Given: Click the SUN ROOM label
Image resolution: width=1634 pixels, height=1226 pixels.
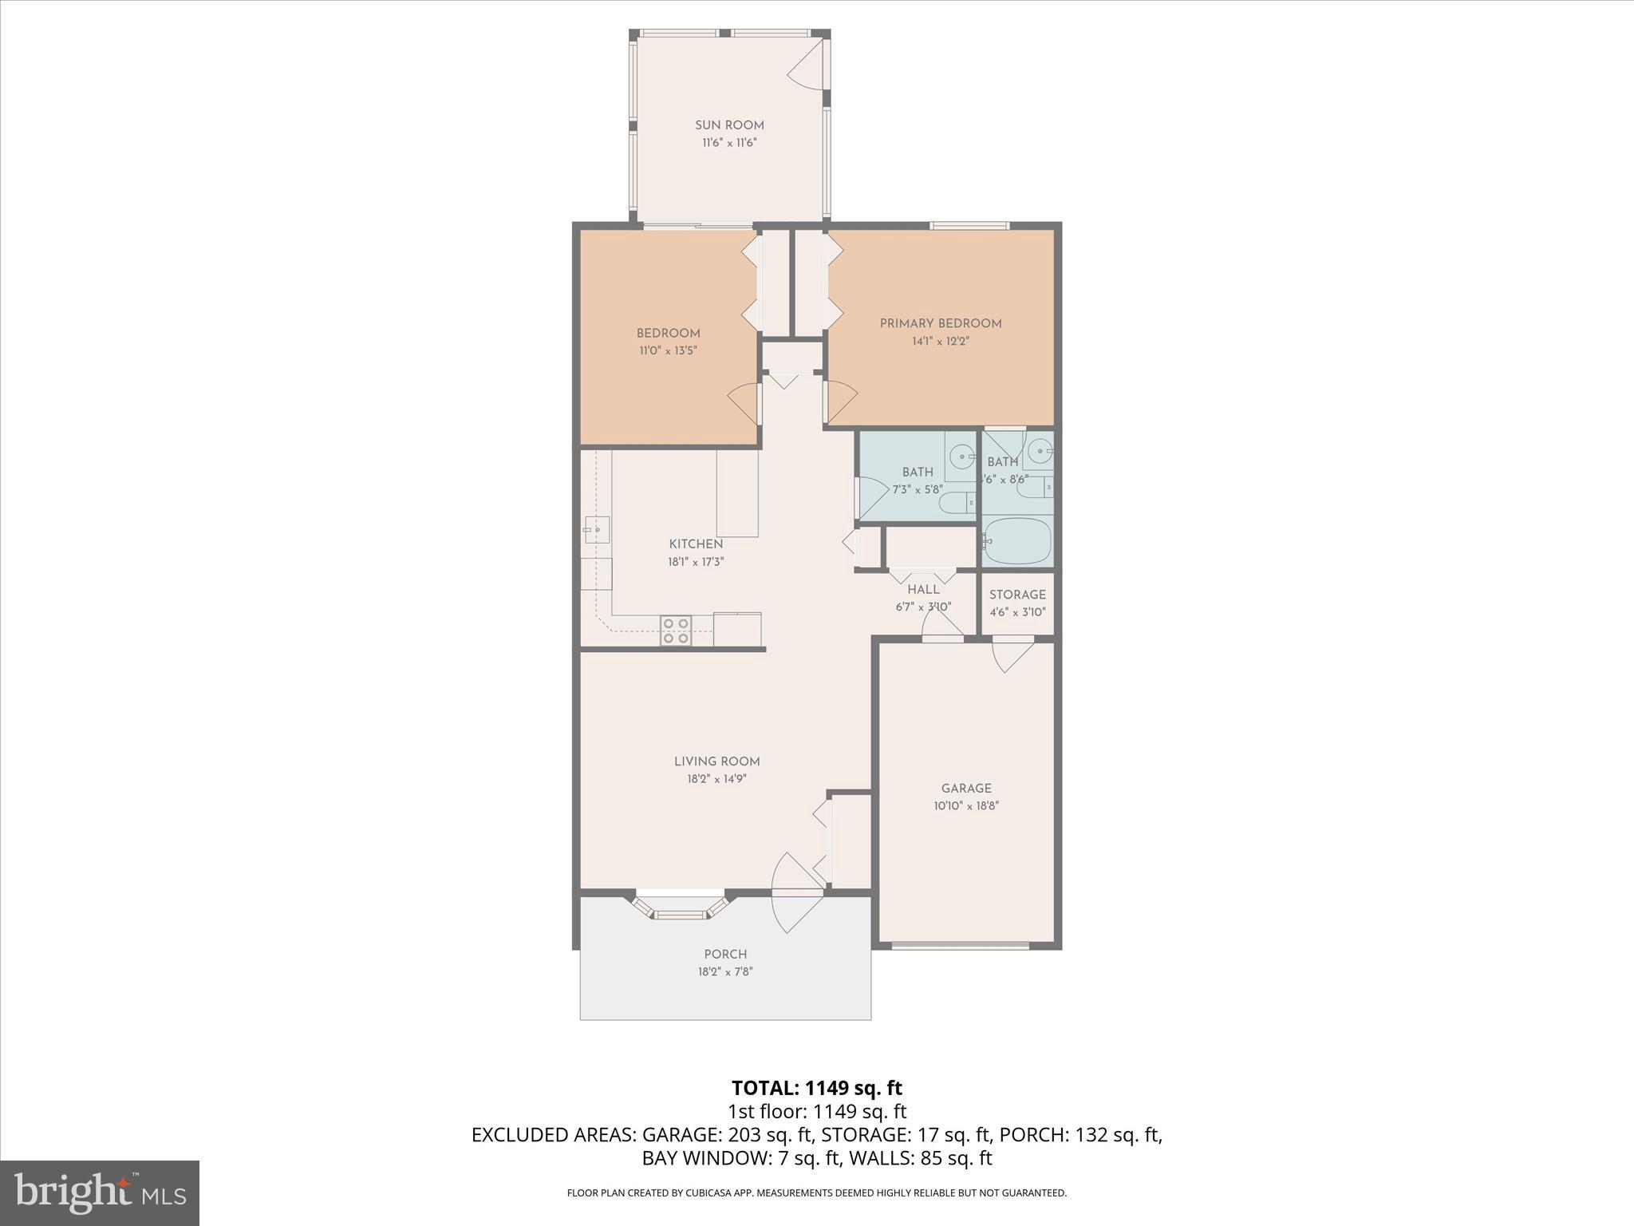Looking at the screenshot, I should click(x=729, y=125).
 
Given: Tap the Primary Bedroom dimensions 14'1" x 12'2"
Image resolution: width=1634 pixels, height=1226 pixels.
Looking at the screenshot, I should click(x=941, y=341).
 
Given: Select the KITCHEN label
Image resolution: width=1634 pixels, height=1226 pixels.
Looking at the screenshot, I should click(x=696, y=544).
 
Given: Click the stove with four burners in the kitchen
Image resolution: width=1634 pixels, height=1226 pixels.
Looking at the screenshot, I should click(x=676, y=630).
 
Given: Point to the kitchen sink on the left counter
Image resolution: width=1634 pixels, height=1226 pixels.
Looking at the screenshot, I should click(x=595, y=529).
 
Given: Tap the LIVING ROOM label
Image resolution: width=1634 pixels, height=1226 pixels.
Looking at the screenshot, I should click(x=716, y=761).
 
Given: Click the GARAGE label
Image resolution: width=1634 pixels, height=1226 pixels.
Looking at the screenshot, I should click(x=966, y=789).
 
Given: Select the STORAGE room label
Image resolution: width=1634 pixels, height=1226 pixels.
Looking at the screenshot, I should click(x=1017, y=595).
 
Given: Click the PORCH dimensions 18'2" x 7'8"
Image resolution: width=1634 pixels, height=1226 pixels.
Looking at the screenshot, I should click(x=725, y=971).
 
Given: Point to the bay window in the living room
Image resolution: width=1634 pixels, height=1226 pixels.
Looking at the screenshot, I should click(x=681, y=908).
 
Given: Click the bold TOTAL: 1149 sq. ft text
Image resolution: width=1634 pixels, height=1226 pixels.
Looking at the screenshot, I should click(x=816, y=1088).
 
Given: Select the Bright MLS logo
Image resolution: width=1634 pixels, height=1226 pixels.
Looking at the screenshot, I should click(x=99, y=1193).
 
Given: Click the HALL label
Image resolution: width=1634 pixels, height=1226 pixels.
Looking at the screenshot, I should click(x=923, y=590).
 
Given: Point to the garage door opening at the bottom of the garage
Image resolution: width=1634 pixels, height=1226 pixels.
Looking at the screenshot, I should click(x=960, y=946).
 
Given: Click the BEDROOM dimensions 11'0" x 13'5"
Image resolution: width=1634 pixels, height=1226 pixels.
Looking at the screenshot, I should click(x=668, y=350).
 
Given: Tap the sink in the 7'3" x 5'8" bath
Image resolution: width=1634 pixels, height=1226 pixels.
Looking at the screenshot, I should click(x=964, y=458).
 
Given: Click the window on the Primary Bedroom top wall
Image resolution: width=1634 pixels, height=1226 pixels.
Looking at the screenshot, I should click(x=969, y=226).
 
